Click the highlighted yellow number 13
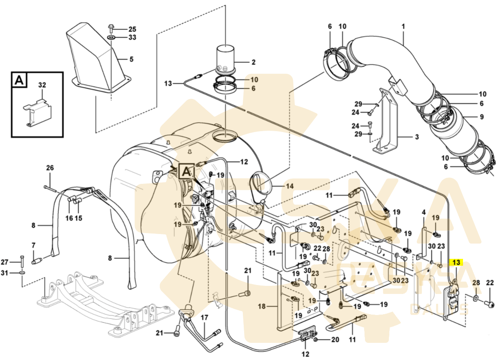(456, 263)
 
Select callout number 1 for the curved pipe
(403, 27)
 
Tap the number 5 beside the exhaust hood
(131, 59)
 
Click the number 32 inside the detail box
(42, 85)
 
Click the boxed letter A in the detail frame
(19, 80)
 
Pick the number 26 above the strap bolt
(50, 168)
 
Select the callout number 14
(290, 186)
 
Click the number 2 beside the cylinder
(253, 62)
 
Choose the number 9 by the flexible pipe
(481, 117)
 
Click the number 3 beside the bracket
(417, 137)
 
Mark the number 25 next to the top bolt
(132, 29)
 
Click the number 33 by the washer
(132, 37)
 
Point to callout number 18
(262, 306)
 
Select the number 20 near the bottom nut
(335, 340)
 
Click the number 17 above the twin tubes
(204, 317)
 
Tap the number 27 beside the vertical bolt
(4, 262)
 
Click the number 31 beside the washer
(4, 273)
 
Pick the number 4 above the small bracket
(424, 212)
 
